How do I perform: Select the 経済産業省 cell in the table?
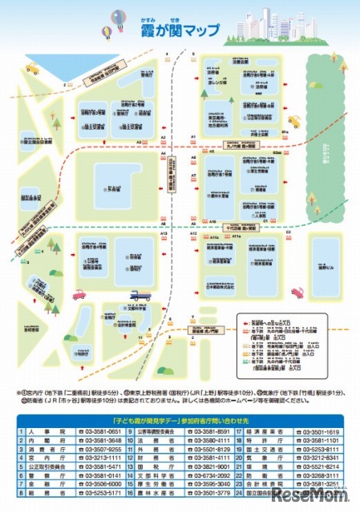(265, 433)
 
